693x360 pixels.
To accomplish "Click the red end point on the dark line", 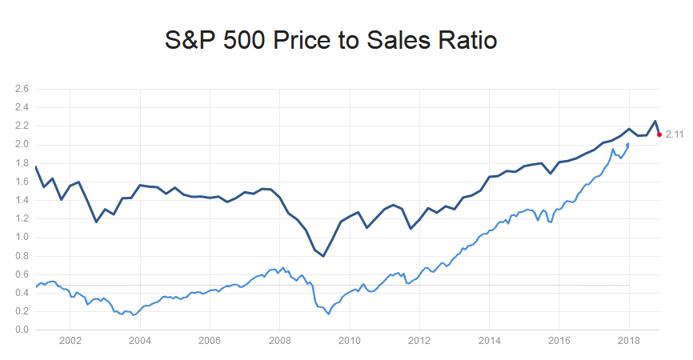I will coord(659,134).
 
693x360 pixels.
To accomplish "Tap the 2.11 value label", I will coord(675,134).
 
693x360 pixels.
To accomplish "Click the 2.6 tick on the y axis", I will coord(22,89).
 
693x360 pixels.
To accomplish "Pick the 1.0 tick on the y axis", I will coord(22,238).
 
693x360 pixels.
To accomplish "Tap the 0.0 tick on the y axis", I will coord(22,330).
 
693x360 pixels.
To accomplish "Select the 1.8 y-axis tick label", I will coord(22,163).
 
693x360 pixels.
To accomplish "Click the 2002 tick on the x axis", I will coord(70,341).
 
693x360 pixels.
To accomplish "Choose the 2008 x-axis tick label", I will coord(279,341).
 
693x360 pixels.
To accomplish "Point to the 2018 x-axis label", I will coord(628,341).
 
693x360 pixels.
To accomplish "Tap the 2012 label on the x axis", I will coord(419,341).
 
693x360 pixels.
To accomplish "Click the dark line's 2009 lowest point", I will coord(323,256).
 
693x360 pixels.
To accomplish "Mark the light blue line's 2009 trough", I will coord(328,314).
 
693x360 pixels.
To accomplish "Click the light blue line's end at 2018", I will coord(628,144).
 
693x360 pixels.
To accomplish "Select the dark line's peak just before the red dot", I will coord(655,122).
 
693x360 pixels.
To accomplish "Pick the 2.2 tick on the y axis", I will coord(22,126).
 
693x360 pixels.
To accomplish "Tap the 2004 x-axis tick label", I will coord(140,341).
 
